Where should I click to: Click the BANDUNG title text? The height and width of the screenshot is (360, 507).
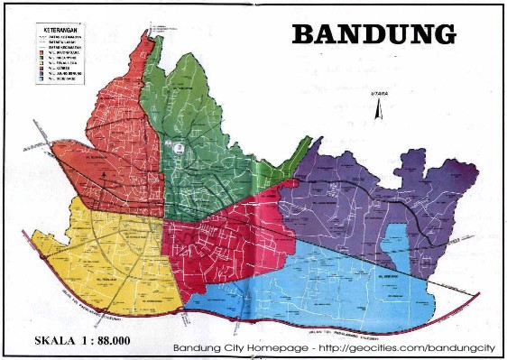[x=373, y=34]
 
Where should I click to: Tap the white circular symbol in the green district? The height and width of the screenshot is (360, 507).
[x=179, y=145]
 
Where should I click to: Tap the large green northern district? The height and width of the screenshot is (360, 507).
[x=203, y=135]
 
